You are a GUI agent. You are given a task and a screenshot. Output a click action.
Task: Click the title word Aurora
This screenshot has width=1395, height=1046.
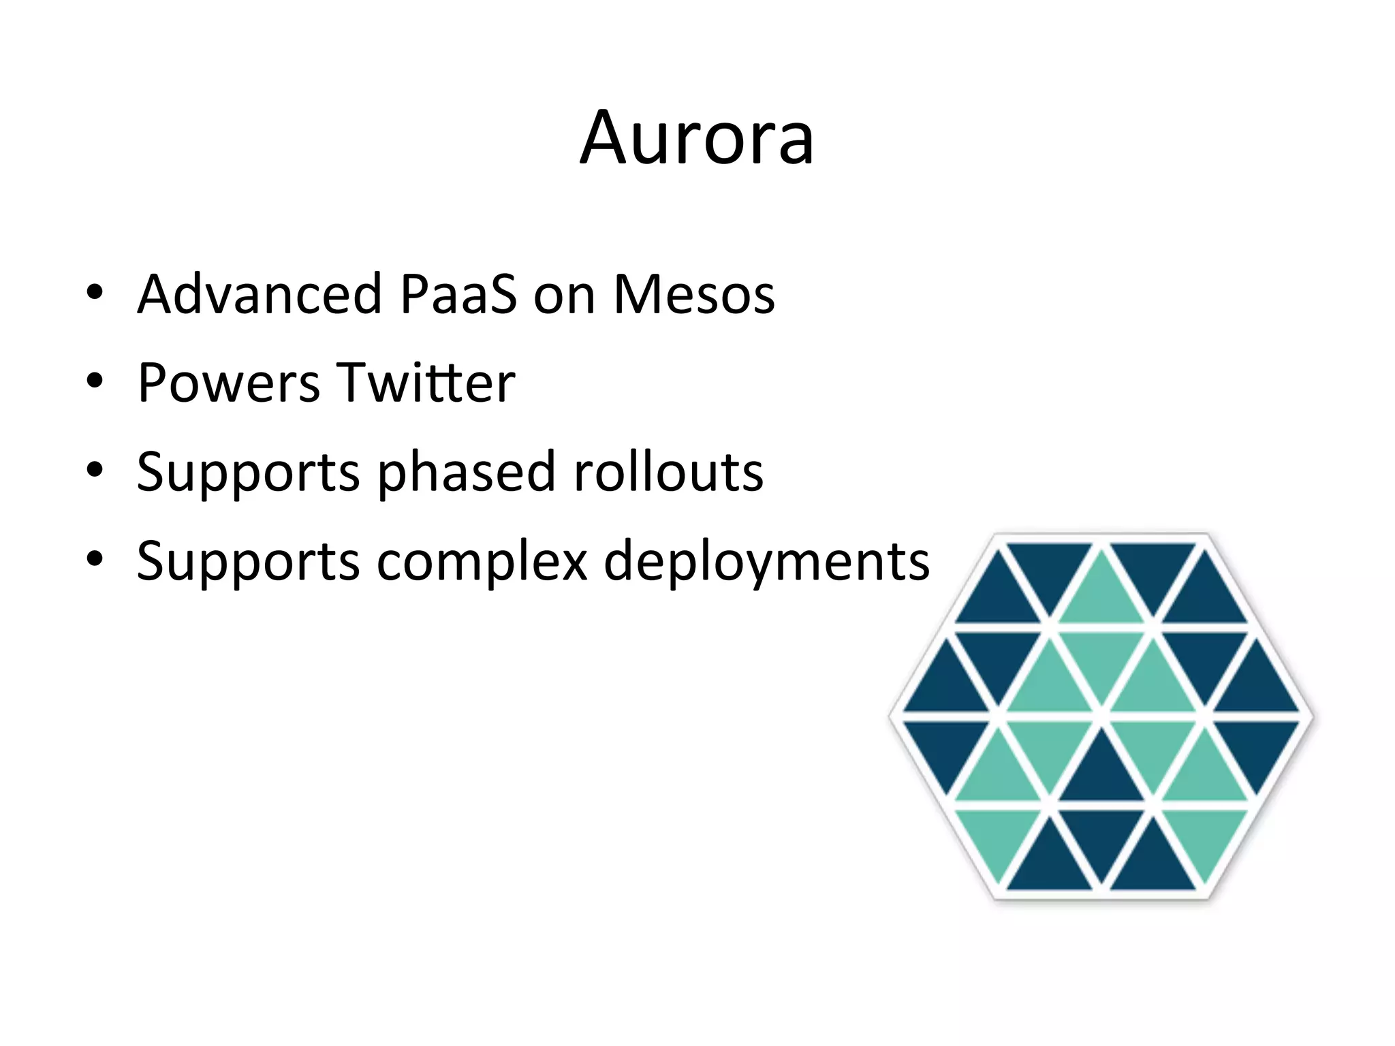tap(697, 138)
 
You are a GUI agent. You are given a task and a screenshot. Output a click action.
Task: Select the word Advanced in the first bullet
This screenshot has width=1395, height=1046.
tap(260, 294)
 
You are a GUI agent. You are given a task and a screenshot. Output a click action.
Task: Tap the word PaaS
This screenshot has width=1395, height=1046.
tap(458, 294)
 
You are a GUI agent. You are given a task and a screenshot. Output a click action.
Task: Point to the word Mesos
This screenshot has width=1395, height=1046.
tap(694, 294)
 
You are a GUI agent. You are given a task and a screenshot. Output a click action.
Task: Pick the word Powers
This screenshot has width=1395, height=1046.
tap(228, 383)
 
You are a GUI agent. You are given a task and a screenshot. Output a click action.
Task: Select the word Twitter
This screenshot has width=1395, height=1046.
tap(426, 383)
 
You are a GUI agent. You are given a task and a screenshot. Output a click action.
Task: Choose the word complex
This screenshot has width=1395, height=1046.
tap(482, 562)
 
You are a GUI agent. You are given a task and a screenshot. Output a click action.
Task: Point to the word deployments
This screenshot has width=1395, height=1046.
tap(766, 562)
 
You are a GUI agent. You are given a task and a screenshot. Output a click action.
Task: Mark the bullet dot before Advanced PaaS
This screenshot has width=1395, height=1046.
tap(95, 293)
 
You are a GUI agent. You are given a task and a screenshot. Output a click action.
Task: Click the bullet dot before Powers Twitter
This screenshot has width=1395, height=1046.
tap(95, 381)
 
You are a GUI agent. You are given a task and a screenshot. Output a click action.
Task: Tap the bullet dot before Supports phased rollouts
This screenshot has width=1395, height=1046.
tap(95, 470)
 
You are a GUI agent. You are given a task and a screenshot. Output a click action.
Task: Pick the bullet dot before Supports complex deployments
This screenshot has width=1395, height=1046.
tap(95, 558)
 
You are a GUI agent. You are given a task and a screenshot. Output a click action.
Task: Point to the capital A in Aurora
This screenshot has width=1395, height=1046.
tap(605, 138)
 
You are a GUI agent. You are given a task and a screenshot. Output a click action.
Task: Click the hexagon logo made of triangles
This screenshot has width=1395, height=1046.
tap(1101, 716)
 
